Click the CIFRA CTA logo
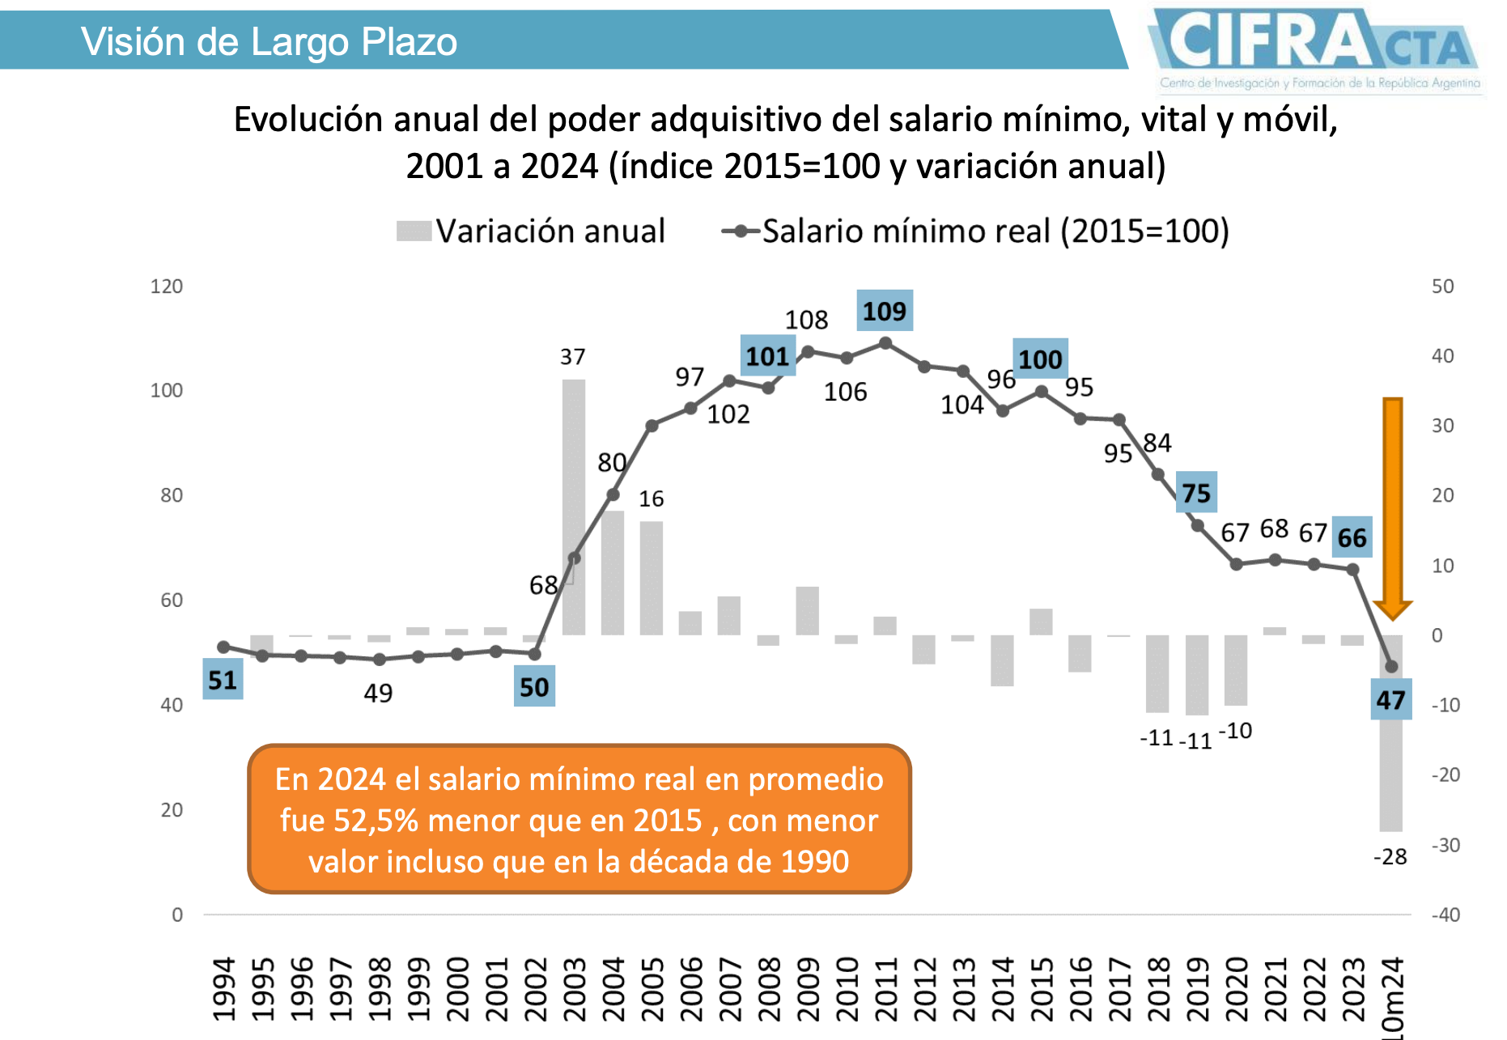1316,49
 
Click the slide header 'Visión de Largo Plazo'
269,42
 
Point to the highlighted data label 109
885,311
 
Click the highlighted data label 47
1391,700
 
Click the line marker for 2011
885,343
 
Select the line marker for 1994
223,647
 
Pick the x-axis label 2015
1041,989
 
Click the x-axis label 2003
574,989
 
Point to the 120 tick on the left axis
167,287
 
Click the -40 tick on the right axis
1445,915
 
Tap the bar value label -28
1390,856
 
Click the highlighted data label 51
223,680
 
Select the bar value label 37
572,357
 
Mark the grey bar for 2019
1197,675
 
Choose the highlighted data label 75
1196,493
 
